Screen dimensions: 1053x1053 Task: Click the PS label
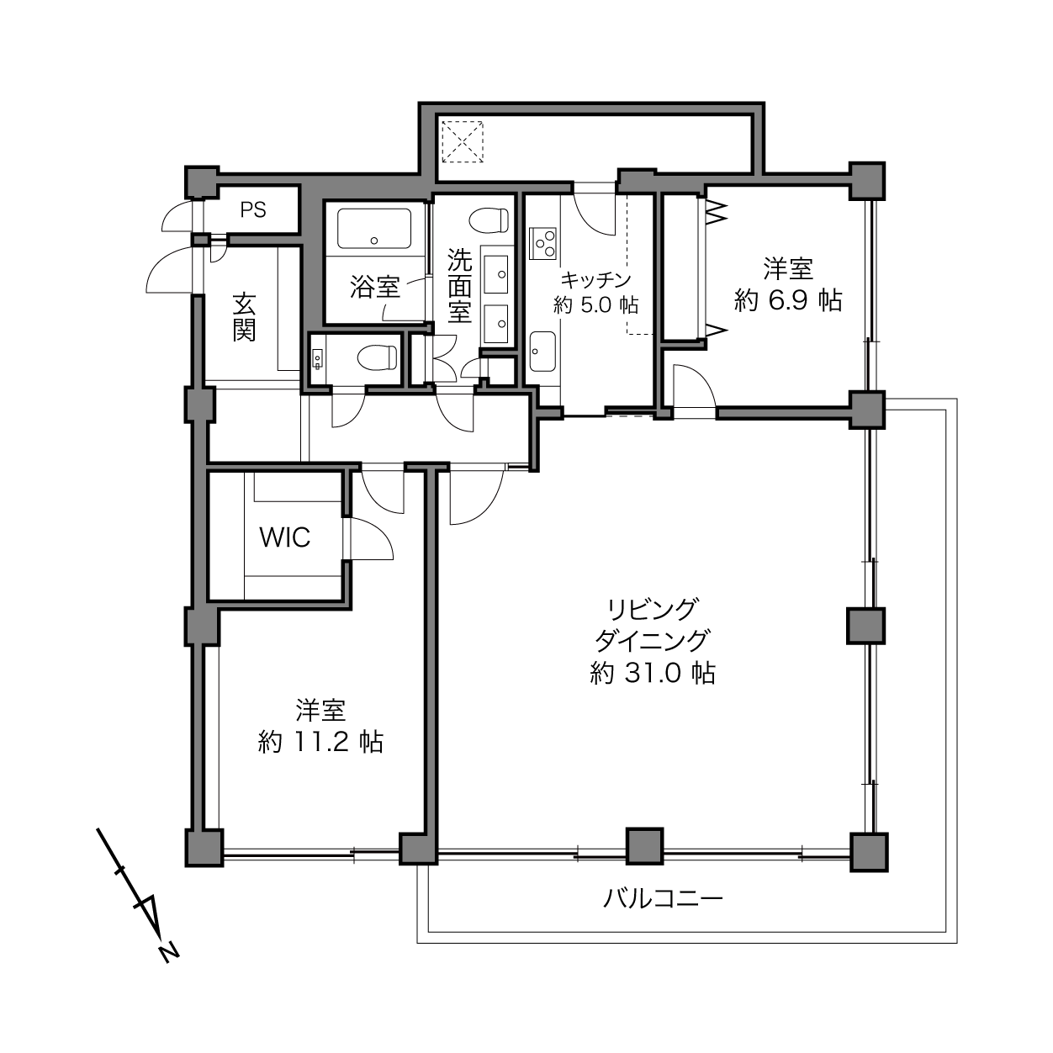pos(253,209)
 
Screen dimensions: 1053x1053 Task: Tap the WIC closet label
pos(285,537)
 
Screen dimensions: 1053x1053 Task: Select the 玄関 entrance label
pos(244,317)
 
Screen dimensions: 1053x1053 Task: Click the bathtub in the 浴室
pos(374,229)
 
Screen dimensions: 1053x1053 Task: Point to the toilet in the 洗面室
pos(489,220)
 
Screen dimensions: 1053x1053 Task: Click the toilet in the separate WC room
pos(377,357)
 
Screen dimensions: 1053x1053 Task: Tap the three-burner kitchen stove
pos(542,243)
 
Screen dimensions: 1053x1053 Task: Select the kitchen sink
pos(542,352)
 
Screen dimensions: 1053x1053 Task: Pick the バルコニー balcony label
pos(663,897)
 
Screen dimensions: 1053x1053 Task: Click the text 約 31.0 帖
pos(653,673)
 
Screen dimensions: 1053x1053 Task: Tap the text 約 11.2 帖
pos(320,742)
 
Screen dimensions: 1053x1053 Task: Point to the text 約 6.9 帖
pos(788,300)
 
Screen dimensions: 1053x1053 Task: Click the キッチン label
pos(595,280)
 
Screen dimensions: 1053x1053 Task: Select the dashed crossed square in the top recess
pos(463,141)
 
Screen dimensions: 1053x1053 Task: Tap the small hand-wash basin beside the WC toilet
pos(317,358)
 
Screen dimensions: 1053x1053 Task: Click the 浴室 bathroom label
pos(375,287)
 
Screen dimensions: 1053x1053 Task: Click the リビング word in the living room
pos(653,609)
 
